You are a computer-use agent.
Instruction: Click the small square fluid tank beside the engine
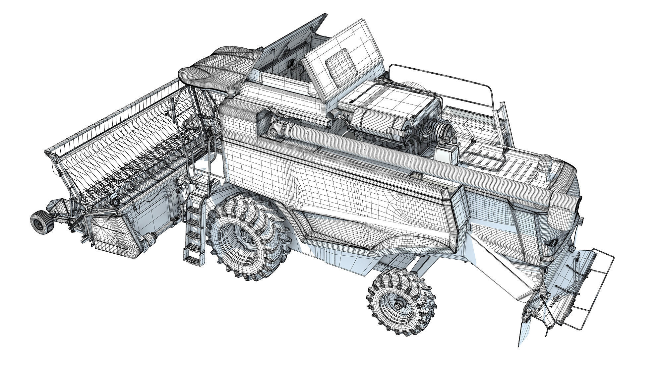click(446, 154)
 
